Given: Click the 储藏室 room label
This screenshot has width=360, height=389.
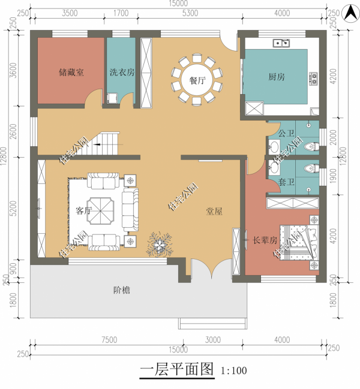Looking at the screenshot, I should [71, 72].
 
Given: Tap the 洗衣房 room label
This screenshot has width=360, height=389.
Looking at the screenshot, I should [122, 72].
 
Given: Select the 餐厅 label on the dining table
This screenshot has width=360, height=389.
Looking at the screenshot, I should [197, 80].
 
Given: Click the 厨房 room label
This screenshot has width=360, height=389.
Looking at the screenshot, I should [277, 77].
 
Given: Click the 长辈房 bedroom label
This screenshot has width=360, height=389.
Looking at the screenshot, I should [264, 240].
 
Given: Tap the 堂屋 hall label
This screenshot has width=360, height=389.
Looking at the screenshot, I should [214, 211].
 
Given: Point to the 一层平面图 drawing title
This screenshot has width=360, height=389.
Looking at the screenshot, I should [176, 369].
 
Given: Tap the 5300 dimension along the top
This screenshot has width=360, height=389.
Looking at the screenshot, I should [190, 13].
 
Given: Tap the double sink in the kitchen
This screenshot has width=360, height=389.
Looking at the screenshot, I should [281, 43].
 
